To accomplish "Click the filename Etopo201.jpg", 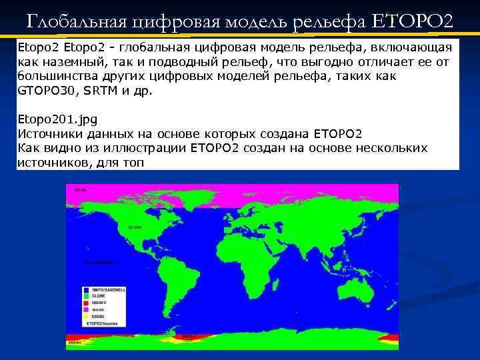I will tap(57, 119).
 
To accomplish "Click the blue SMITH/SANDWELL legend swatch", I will tap(87, 290).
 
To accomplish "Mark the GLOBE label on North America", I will tap(135, 227).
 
